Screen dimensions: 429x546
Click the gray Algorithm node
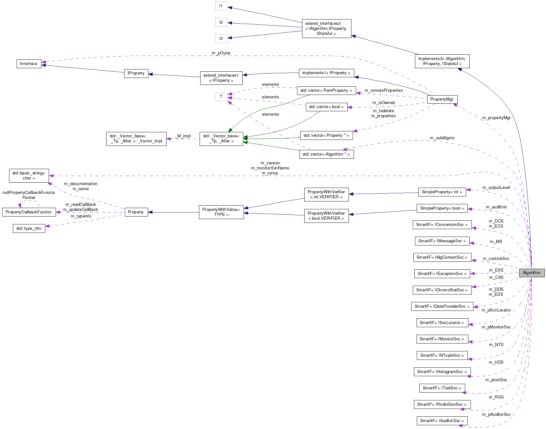coord(532,273)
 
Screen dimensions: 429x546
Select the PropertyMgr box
coord(442,99)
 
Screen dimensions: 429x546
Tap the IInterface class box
coord(29,64)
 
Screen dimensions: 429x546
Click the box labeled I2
coord(221,22)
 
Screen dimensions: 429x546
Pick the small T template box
coord(221,97)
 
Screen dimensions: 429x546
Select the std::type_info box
coord(29,228)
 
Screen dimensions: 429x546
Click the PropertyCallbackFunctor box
coord(29,212)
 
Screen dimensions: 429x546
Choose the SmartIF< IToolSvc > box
coord(442,388)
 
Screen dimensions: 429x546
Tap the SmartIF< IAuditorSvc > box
coord(442,421)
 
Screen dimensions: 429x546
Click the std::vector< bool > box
coord(326,107)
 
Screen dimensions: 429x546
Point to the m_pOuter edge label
coord(221,53)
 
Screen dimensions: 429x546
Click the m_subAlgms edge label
coord(442,138)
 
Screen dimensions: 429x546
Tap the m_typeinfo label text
coord(81,216)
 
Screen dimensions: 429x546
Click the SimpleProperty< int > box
coord(442,192)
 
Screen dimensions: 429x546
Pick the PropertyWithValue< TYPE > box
coord(221,212)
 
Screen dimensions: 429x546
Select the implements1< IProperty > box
coord(326,73)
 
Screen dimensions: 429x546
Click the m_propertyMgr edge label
coord(496,118)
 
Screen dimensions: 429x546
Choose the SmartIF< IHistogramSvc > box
coord(442,372)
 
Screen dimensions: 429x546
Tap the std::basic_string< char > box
coord(29,176)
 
